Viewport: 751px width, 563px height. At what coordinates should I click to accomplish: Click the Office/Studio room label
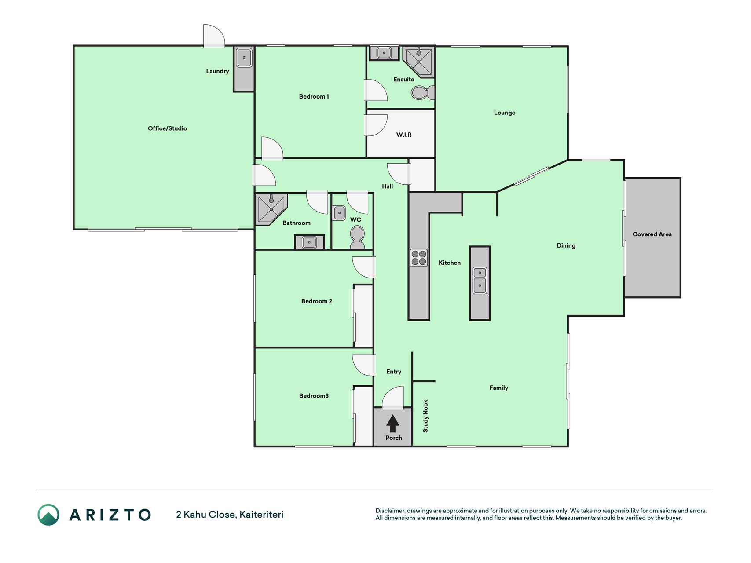coord(167,128)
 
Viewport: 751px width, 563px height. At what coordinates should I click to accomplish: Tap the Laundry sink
coord(244,58)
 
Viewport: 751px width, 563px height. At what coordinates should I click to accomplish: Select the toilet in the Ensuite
coord(423,92)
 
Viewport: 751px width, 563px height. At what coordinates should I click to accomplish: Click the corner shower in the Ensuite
coord(419,62)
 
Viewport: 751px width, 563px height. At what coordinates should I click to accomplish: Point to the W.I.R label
coord(404,135)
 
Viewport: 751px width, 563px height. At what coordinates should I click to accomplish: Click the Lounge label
coord(504,113)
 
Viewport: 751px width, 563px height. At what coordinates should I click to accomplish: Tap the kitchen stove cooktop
coord(419,258)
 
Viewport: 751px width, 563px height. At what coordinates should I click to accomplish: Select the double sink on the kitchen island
coord(480,280)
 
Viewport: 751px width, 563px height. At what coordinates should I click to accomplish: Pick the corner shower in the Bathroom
coord(270,208)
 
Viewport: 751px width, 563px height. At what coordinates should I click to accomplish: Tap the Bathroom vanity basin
coord(309,242)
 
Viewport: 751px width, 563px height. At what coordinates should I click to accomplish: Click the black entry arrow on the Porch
coord(393,424)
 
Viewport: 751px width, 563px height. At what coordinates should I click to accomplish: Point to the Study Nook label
coord(425,416)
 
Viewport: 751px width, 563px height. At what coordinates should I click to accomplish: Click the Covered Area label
coord(652,234)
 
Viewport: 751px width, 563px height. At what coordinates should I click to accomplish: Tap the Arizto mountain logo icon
coord(48,515)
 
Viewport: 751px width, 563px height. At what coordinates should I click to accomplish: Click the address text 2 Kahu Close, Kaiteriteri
coord(230,515)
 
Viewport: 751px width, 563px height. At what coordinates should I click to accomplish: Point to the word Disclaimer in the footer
coord(390,511)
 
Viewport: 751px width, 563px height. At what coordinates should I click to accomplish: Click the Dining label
coord(566,245)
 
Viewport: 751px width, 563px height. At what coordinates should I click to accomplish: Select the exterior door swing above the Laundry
coord(214,36)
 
